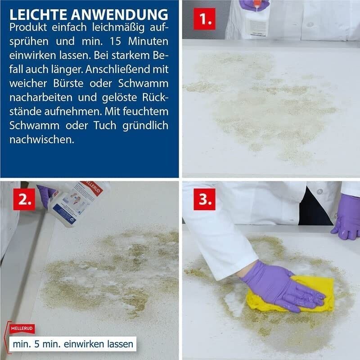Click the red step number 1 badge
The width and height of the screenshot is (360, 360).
point(204,19)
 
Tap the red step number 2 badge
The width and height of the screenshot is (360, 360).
point(24,199)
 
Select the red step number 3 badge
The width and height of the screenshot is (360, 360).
point(204,199)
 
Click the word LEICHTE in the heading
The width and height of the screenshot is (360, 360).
point(38,15)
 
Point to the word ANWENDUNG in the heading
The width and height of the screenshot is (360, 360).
point(120,15)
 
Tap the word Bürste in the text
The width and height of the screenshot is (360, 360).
point(68,83)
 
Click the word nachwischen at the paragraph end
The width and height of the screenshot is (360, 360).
point(42,139)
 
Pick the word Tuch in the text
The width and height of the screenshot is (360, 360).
point(105,126)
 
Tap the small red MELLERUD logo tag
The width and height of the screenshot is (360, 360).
point(22,328)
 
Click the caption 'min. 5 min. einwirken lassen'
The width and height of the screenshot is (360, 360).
point(73,344)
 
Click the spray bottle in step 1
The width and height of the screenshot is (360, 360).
point(256,18)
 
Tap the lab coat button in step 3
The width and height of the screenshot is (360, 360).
point(320,191)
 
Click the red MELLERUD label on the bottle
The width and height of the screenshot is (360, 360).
point(93,188)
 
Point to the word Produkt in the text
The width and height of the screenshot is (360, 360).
point(28,27)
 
